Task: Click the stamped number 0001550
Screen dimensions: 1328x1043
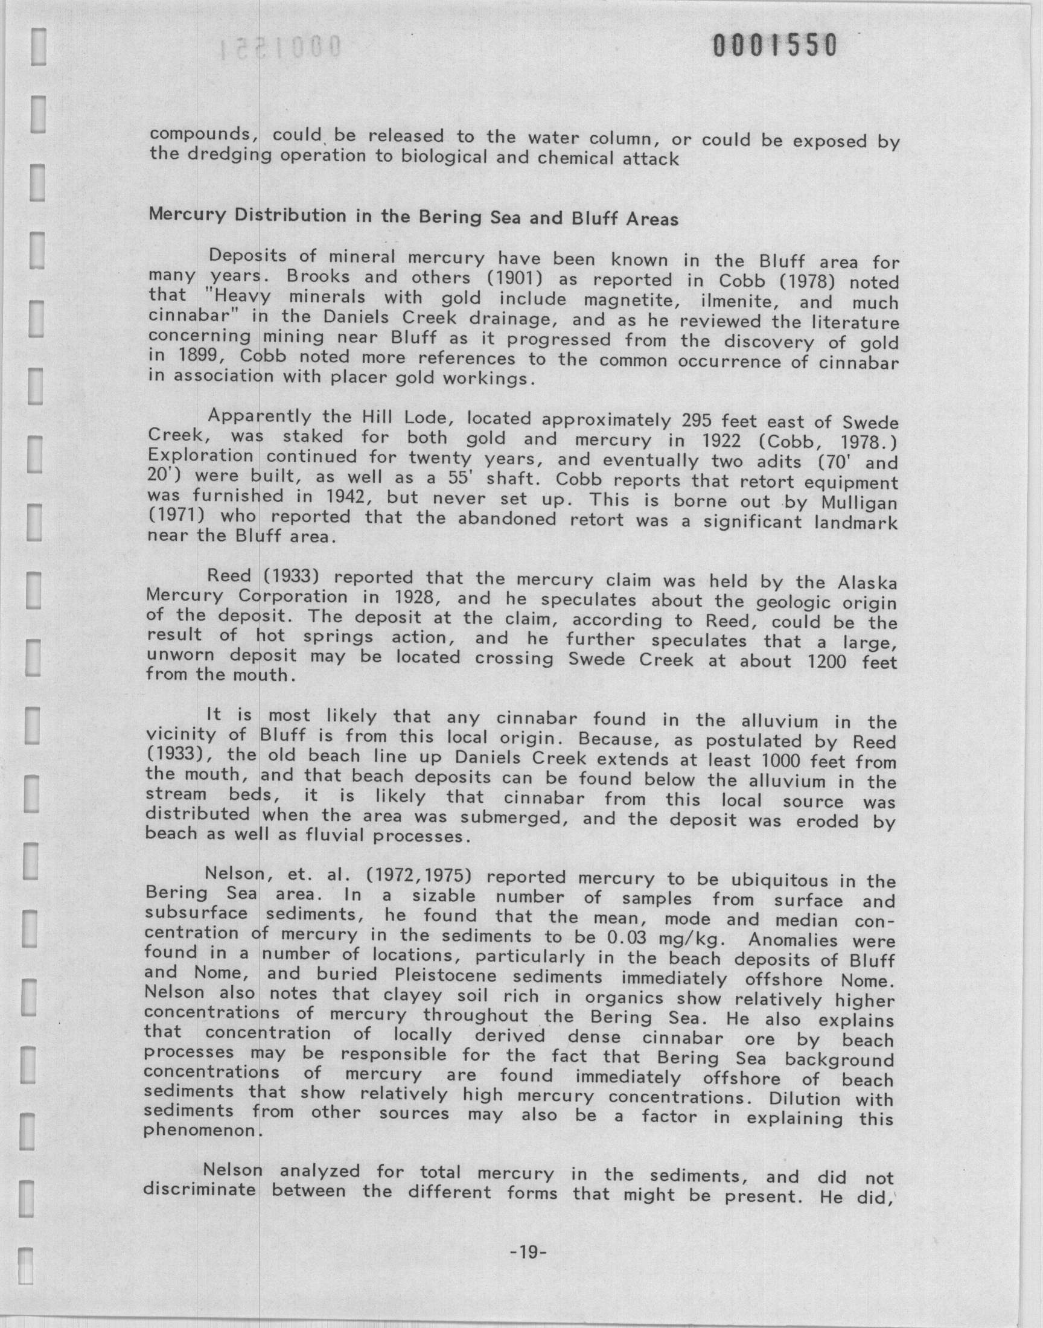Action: tap(774, 46)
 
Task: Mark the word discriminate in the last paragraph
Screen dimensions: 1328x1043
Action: tap(199, 1190)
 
